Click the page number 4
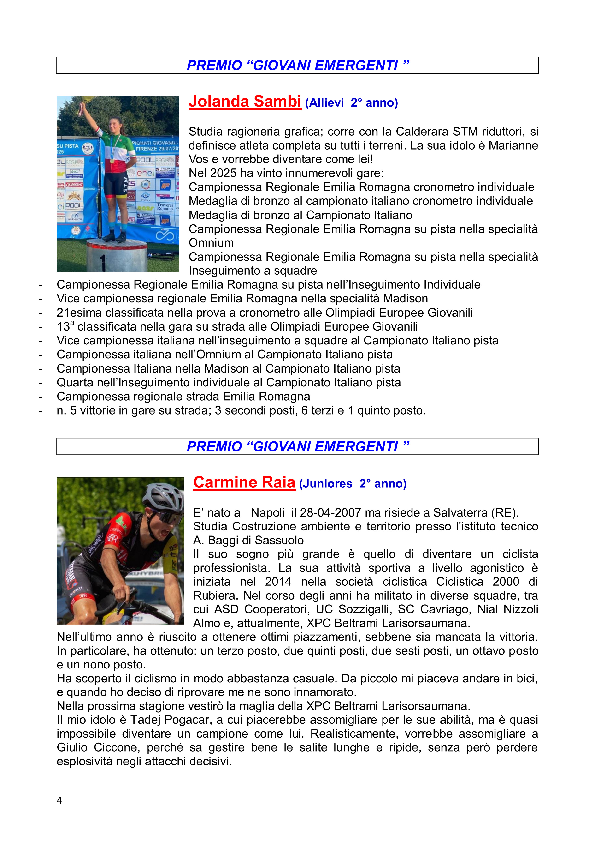click(x=59, y=800)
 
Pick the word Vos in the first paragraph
click(x=197, y=160)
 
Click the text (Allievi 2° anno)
click(x=351, y=103)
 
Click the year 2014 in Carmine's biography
click(x=278, y=582)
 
